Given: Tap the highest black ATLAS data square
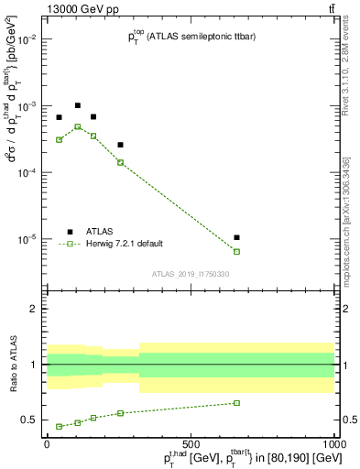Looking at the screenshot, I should point(78,105).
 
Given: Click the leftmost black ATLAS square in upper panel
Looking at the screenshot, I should point(59,117).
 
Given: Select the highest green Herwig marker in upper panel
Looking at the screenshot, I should point(78,126).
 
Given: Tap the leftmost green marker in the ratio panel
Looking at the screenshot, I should point(59,426).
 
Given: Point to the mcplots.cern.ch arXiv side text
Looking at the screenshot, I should point(351,211).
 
